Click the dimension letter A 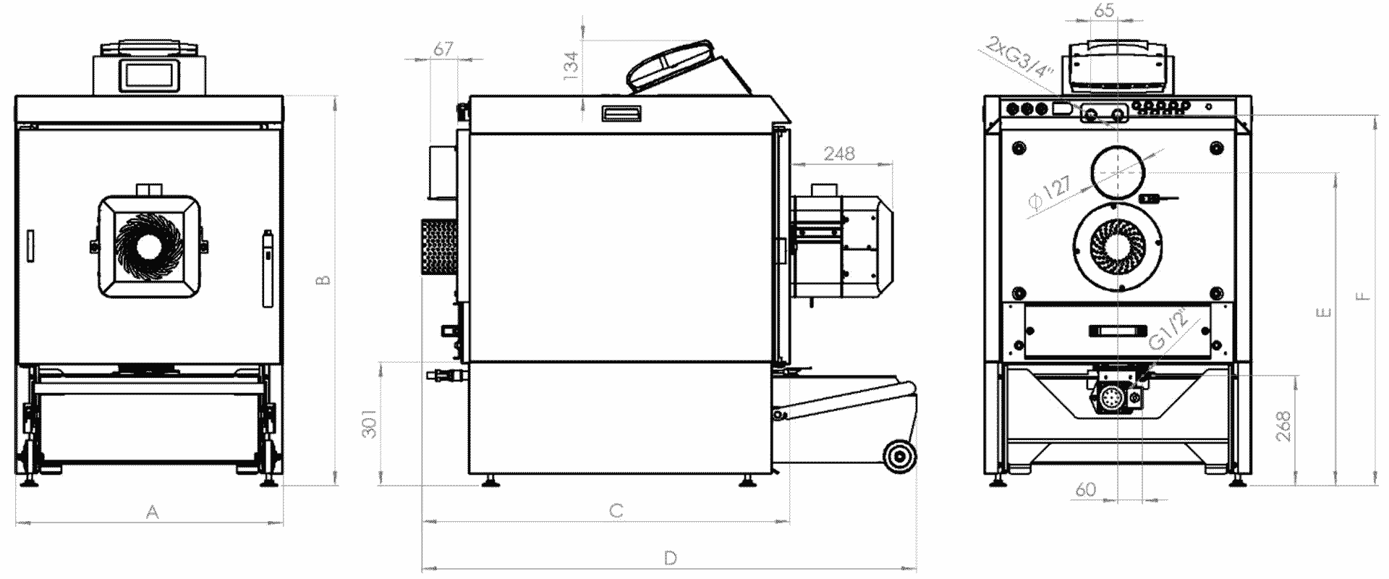[x=152, y=512]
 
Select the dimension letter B [x=324, y=279]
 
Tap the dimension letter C [x=616, y=511]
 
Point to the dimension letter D [x=670, y=558]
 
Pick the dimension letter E [x=1323, y=313]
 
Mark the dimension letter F [x=1362, y=295]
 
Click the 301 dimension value [x=369, y=425]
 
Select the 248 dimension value [x=838, y=153]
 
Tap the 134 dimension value [x=572, y=65]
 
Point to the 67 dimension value [x=443, y=48]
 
